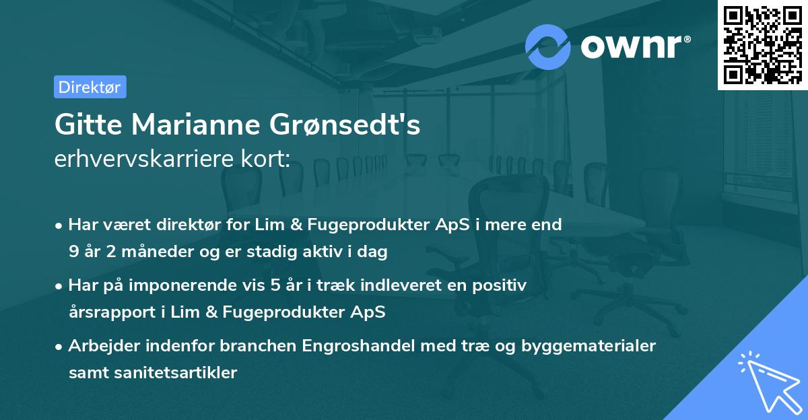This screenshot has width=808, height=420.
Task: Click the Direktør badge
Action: pyautogui.click(x=90, y=87)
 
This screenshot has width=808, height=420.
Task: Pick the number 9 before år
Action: pyautogui.click(x=73, y=252)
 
